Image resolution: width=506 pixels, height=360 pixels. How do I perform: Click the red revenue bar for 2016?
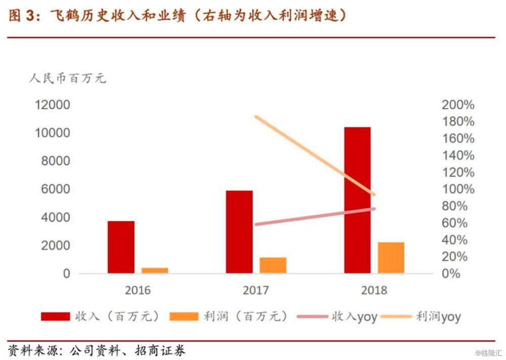(x=121, y=247)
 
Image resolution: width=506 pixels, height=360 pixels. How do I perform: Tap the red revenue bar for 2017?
(x=239, y=232)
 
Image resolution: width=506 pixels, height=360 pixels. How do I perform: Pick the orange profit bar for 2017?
(x=273, y=265)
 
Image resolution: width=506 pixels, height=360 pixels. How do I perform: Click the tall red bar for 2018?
(x=357, y=200)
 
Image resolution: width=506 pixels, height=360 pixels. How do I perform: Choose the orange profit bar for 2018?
(x=391, y=257)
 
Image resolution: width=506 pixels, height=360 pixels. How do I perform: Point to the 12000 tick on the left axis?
(x=52, y=105)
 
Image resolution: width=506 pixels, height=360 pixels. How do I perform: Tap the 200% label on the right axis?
(x=458, y=105)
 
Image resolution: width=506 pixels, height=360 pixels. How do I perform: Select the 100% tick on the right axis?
(x=458, y=189)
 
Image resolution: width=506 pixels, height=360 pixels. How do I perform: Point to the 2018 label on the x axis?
(x=374, y=291)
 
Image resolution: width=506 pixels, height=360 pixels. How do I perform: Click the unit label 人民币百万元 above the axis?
(x=68, y=78)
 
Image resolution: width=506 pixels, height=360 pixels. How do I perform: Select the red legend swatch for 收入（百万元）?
(x=55, y=317)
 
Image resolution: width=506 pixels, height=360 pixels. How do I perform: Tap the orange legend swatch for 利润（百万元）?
(x=184, y=317)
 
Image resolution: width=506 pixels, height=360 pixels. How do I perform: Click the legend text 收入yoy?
(x=354, y=317)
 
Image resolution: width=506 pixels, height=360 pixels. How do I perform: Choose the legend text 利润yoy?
(x=438, y=317)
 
